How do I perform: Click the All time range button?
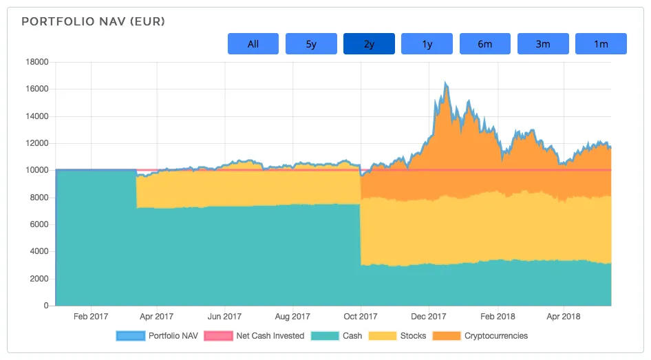pyautogui.click(x=253, y=44)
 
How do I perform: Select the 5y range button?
pyautogui.click(x=311, y=44)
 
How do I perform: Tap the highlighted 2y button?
pyautogui.click(x=369, y=44)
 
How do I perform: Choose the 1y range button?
pyautogui.click(x=427, y=44)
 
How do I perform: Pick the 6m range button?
pyautogui.click(x=485, y=44)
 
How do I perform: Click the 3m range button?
pyautogui.click(x=543, y=44)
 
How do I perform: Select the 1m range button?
pyautogui.click(x=601, y=44)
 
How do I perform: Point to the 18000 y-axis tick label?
pyautogui.click(x=36, y=62)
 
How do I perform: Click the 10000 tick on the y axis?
pyautogui.click(x=36, y=170)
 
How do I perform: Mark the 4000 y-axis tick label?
pyautogui.click(x=39, y=251)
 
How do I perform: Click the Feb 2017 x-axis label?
pyautogui.click(x=89, y=317)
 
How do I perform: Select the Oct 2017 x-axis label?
pyautogui.click(x=361, y=317)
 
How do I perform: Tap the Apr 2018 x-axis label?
pyautogui.click(x=564, y=317)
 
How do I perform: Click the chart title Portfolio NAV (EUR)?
pyautogui.click(x=94, y=22)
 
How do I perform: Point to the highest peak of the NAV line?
pyautogui.click(x=446, y=83)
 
